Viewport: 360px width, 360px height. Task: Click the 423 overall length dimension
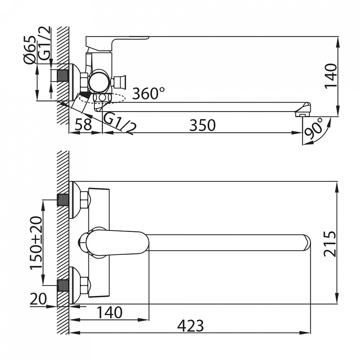[190, 325]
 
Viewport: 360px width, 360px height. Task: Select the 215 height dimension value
[330, 244]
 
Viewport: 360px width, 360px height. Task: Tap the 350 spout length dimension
[202, 125]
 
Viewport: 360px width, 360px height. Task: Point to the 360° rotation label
[148, 93]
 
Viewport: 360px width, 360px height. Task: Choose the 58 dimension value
[83, 125]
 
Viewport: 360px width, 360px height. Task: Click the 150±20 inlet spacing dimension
[36, 242]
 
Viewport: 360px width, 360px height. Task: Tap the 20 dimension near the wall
[38, 299]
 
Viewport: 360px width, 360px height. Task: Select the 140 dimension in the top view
[331, 76]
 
